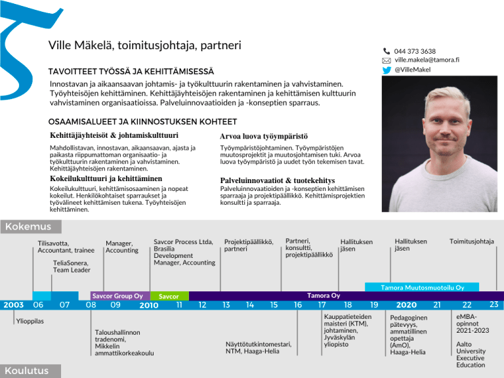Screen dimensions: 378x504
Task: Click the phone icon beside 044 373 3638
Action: tap(387, 51)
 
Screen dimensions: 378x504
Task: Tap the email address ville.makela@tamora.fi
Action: tap(426, 60)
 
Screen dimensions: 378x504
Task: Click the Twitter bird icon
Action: tap(387, 70)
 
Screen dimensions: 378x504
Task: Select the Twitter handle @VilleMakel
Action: tap(412, 70)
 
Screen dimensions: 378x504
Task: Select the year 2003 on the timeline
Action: tap(13, 304)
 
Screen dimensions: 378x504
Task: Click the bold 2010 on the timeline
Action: tap(149, 305)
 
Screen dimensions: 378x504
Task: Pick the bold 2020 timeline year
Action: tap(406, 305)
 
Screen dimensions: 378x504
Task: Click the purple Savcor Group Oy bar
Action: tap(118, 296)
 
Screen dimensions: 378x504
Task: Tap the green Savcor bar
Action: tap(169, 297)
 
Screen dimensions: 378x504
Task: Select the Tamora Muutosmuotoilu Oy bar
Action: tap(423, 287)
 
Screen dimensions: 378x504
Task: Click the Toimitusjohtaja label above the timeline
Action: tap(471, 242)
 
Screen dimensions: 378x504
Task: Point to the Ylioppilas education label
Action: tap(30, 322)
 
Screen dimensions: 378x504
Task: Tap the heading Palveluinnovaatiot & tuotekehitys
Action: tap(278, 180)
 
